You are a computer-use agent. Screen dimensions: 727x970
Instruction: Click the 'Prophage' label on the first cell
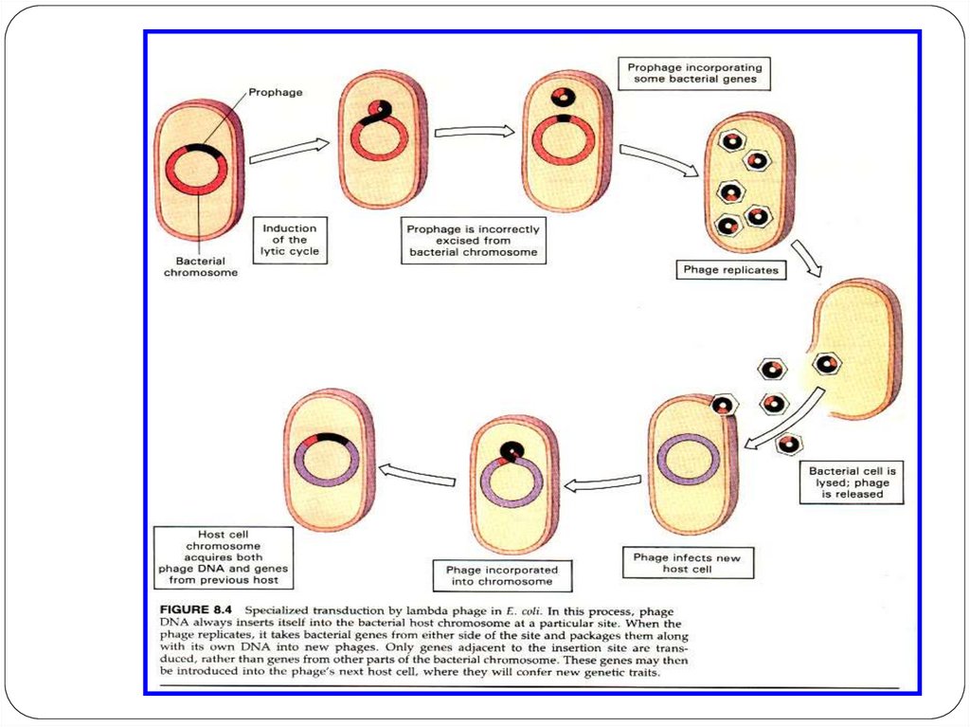(x=274, y=93)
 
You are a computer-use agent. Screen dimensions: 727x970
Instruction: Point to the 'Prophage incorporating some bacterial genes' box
(x=693, y=74)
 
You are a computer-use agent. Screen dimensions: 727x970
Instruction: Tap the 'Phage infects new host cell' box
(x=686, y=564)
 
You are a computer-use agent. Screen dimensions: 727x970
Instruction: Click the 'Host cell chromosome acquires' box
(x=225, y=557)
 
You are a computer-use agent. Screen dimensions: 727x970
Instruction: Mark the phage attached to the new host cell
(x=723, y=405)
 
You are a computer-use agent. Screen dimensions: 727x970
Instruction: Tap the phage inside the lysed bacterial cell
(x=826, y=363)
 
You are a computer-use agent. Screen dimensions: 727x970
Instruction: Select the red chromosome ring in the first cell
(x=197, y=172)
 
